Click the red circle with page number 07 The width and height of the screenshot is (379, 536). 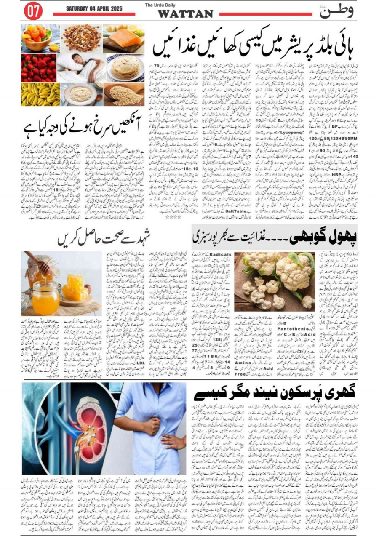(33, 11)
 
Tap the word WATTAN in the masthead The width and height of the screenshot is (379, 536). (186, 14)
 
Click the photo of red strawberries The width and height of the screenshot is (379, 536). (39, 67)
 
